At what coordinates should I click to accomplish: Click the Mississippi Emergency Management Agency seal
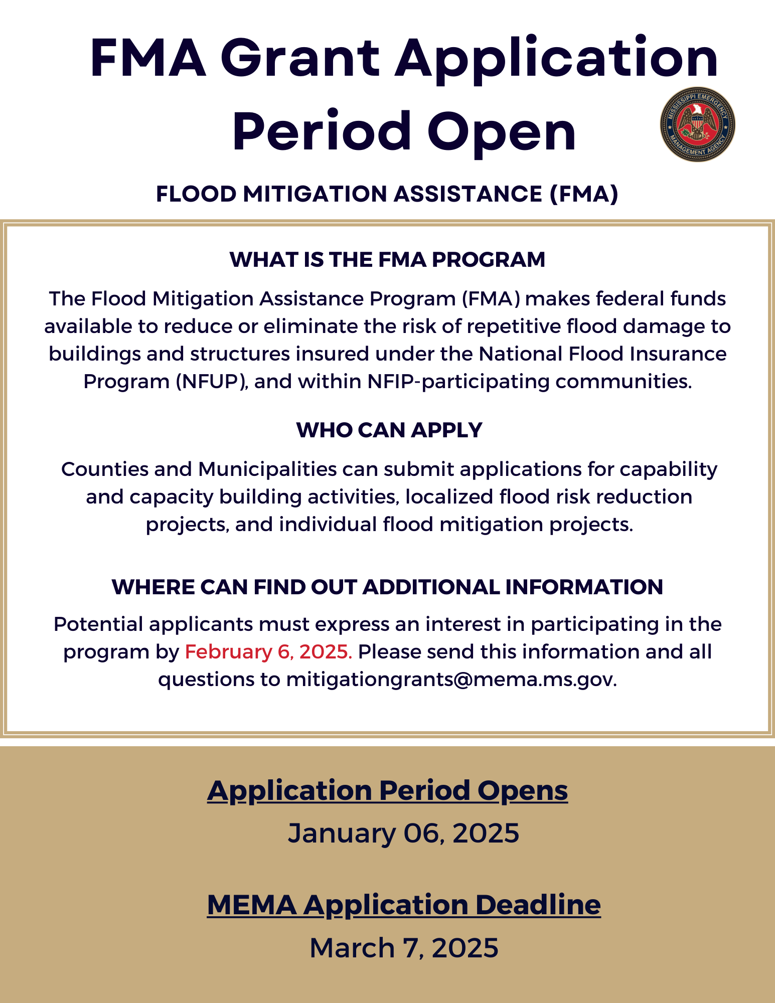coord(697,124)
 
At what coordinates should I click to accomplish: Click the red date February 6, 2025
coord(268,651)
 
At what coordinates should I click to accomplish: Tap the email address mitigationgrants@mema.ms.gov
coord(450,679)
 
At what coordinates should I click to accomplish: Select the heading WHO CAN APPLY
coord(389,430)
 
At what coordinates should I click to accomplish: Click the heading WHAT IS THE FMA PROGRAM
coord(387,259)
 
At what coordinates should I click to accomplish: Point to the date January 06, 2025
coord(403,833)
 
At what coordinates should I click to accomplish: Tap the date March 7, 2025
coord(404,947)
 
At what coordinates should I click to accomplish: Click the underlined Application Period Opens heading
coord(387,790)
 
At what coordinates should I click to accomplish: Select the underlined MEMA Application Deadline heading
coord(403,904)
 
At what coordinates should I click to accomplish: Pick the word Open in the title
coord(502,131)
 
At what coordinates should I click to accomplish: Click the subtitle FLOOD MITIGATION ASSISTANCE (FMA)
coord(387,194)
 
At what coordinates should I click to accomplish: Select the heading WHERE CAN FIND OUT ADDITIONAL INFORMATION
coord(387,587)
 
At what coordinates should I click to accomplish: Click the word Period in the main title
coord(321,131)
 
